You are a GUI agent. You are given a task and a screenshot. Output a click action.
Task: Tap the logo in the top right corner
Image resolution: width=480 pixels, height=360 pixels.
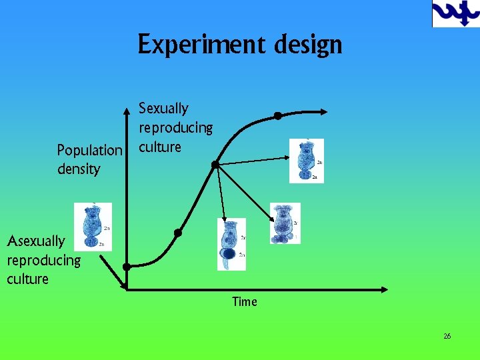[456, 13]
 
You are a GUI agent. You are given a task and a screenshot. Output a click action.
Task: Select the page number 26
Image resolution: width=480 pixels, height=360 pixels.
[447, 336]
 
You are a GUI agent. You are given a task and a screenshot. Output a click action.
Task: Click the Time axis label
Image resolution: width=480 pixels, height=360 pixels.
[244, 302]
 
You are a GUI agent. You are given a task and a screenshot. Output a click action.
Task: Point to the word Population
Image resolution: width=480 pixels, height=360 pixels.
[90, 150]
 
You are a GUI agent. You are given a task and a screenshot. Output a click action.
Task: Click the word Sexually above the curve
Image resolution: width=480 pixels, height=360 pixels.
[163, 108]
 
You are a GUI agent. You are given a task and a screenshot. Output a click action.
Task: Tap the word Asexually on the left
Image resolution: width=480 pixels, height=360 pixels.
[36, 241]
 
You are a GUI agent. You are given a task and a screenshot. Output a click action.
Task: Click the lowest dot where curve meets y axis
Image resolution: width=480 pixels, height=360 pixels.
[126, 267]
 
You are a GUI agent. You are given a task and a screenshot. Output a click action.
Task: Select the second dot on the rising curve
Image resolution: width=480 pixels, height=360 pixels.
[178, 233]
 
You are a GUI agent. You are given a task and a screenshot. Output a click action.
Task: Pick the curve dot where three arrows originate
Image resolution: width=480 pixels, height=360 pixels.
[215, 164]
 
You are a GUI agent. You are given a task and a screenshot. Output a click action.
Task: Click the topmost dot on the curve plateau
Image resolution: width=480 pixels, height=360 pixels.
[278, 116]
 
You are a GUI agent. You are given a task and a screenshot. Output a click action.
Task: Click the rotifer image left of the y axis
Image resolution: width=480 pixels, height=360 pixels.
[93, 226]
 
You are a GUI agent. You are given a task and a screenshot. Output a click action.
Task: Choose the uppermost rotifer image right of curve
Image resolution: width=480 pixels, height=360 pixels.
[307, 161]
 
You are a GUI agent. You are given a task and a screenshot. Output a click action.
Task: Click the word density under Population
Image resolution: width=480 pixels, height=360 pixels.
[79, 169]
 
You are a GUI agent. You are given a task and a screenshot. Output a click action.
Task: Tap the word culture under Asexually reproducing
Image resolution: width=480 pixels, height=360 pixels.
[27, 279]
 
